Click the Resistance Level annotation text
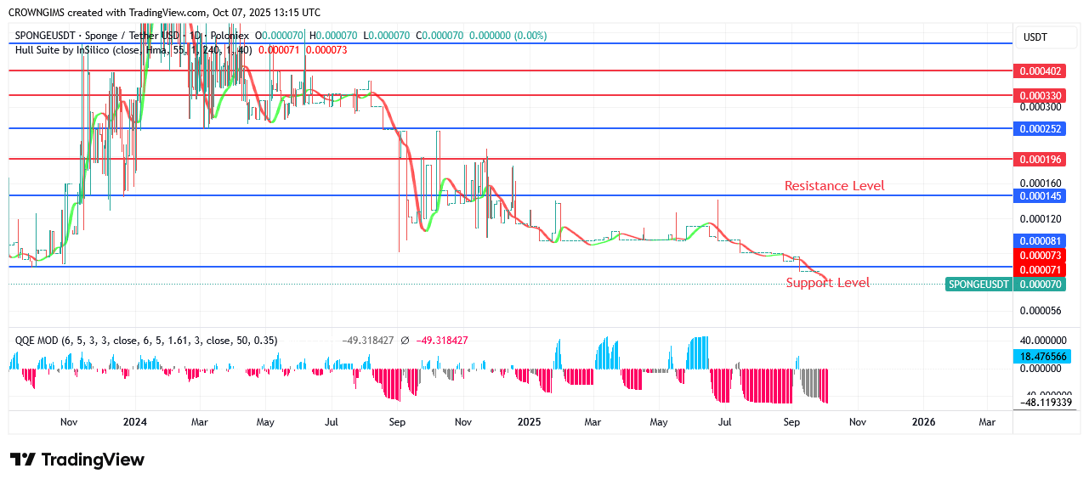pos(834,185)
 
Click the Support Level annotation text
pos(827,283)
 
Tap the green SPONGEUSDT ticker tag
pos(978,285)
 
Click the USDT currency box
pos(1035,37)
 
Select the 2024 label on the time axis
pos(134,421)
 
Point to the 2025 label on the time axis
pos(529,421)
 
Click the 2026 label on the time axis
pos(923,421)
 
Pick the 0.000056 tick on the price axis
pos(1041,310)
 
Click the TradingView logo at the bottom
pos(77,460)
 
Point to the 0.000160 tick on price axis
pos(1041,183)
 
